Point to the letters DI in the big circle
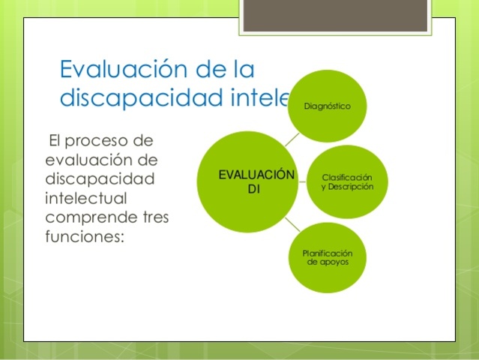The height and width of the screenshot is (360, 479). tap(253, 188)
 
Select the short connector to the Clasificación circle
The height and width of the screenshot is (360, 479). tap(301, 181)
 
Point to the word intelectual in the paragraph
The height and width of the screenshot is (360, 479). tap(85, 199)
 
